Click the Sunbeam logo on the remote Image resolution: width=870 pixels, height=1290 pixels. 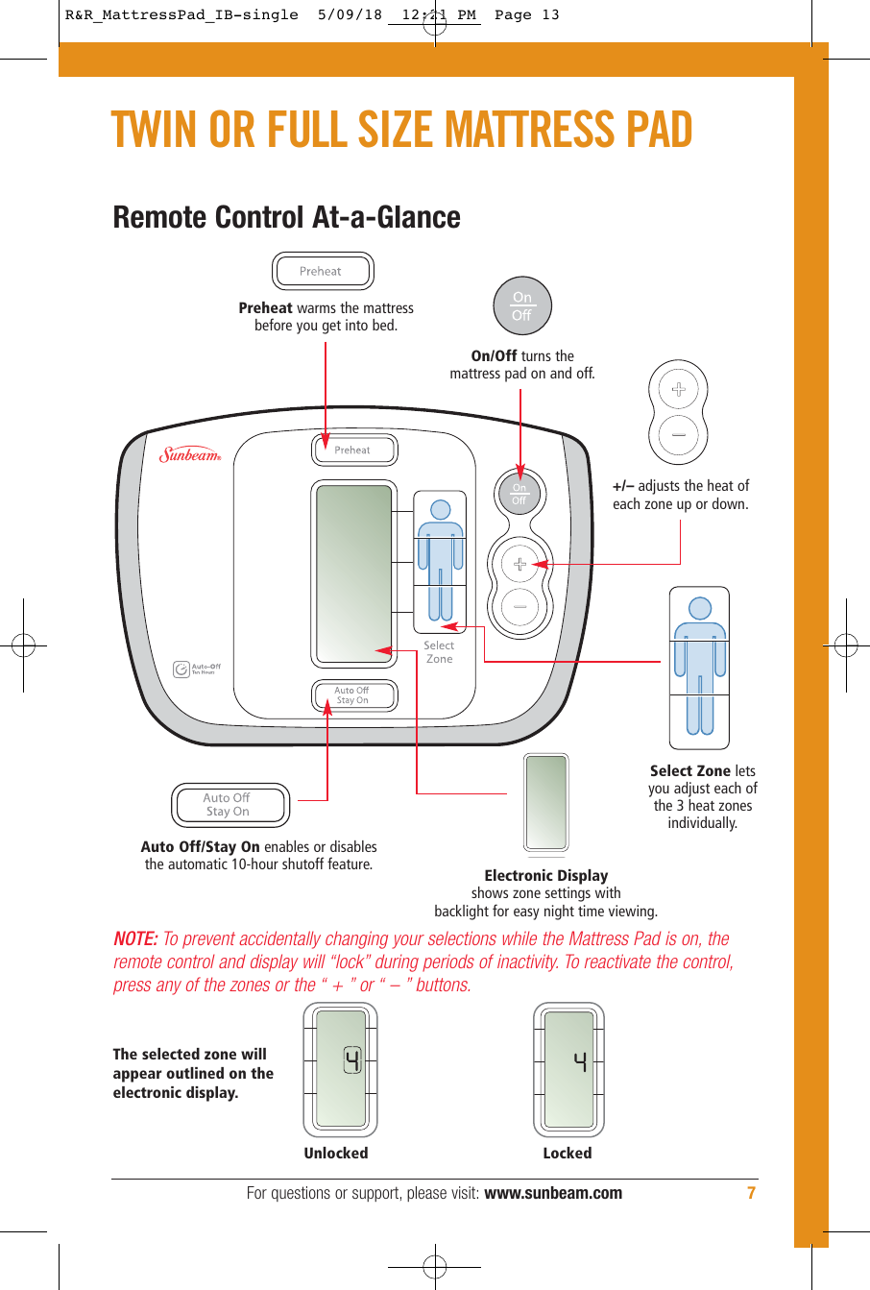tap(190, 455)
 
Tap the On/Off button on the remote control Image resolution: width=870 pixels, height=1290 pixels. tap(520, 494)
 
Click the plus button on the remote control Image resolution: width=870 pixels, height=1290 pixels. tap(520, 564)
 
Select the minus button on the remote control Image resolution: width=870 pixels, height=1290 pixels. tap(520, 607)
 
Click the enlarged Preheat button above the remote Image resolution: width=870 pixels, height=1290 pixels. tap(322, 271)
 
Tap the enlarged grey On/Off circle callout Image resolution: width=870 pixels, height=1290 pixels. tap(521, 306)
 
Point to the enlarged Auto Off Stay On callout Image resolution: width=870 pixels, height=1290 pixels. tap(230, 805)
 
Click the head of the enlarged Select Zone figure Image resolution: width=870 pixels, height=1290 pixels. tap(700, 608)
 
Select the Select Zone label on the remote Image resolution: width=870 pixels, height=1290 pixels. tap(439, 652)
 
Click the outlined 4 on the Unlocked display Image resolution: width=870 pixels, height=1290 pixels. tap(352, 1061)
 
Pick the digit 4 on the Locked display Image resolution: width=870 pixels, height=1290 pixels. tap(580, 1061)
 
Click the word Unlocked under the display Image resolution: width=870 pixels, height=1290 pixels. tap(336, 1153)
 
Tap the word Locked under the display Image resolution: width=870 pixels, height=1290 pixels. tap(568, 1153)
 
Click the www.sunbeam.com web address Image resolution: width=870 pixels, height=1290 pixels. tap(553, 1193)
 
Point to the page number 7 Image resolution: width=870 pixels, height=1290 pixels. tap(752, 1193)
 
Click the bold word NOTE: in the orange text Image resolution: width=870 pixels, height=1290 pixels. tap(135, 939)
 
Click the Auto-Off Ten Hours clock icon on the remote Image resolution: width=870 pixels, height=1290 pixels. tap(181, 669)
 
